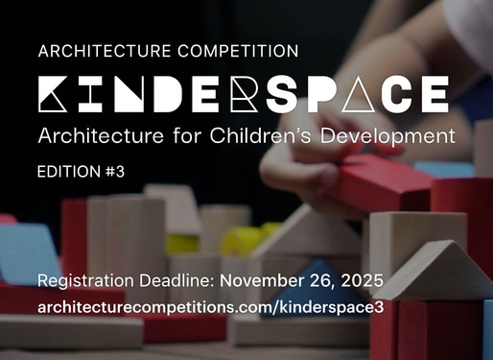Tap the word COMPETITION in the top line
pos(239,49)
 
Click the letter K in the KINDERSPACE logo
pos(56,93)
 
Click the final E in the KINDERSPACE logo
pos(432,93)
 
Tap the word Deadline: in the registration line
pos(176,282)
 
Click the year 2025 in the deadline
pos(362,282)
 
